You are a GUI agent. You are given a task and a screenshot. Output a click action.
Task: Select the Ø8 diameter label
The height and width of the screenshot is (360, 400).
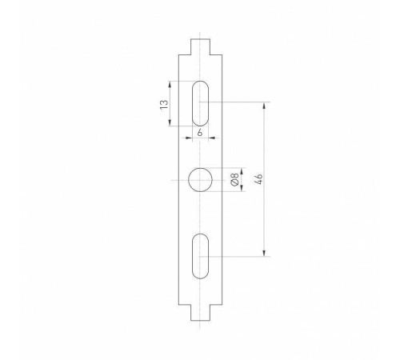(234, 180)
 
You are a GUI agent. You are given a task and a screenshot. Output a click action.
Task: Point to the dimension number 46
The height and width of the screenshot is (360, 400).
(256, 180)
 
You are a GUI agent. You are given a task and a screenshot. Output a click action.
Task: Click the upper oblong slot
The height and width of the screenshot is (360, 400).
(201, 102)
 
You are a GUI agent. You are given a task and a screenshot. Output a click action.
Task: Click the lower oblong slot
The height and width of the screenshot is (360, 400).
(201, 256)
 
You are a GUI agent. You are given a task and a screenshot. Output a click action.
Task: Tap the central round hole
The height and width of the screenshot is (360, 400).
(201, 181)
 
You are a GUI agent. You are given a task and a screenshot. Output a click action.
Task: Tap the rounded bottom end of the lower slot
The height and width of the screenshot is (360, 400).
(201, 275)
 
